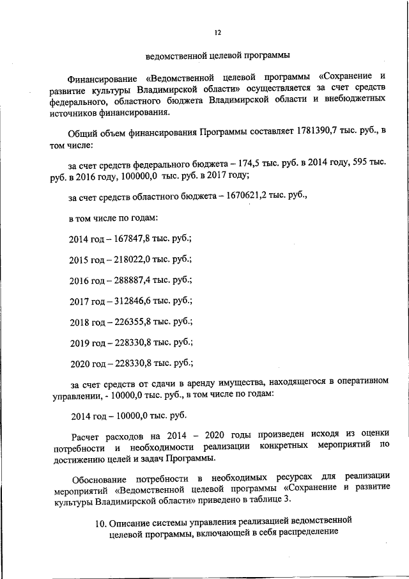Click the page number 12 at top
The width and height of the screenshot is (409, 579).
pyautogui.click(x=217, y=33)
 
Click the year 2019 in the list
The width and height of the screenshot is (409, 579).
pyautogui.click(x=79, y=342)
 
